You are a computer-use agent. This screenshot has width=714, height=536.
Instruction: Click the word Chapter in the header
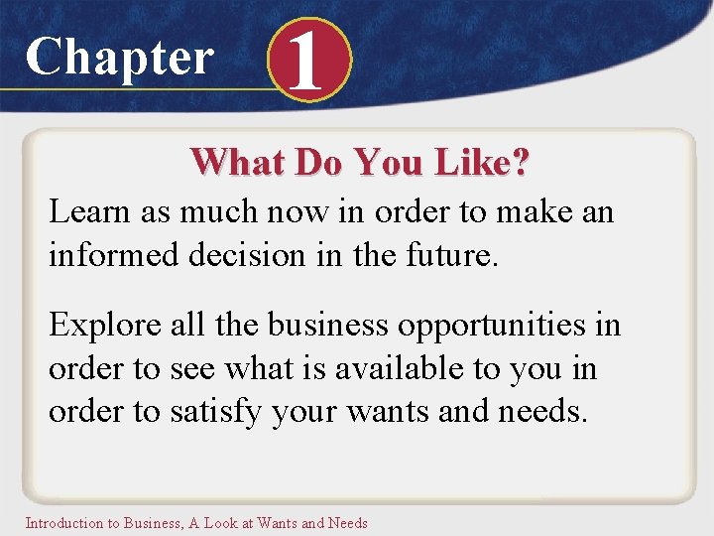119,57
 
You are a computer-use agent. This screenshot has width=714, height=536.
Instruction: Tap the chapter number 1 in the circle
308,62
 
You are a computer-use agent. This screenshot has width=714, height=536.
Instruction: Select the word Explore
101,326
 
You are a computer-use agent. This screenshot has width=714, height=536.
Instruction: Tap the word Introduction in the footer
63,522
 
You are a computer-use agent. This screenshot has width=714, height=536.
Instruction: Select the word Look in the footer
221,522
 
